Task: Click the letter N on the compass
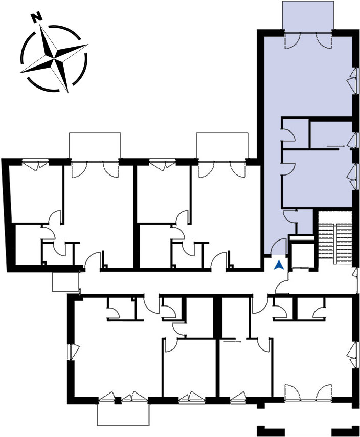tap(36, 18)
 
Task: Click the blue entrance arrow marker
tap(279, 265)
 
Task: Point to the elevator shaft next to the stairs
tap(302, 253)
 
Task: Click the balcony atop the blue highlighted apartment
tap(308, 15)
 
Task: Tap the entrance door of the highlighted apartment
tap(279, 247)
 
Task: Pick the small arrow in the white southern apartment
tap(233, 341)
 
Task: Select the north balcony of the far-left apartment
tap(95, 146)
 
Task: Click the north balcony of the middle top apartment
tap(222, 146)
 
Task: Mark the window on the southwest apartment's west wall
tap(74, 353)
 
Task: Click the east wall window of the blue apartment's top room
tap(352, 81)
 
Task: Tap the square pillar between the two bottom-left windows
tap(118, 400)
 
